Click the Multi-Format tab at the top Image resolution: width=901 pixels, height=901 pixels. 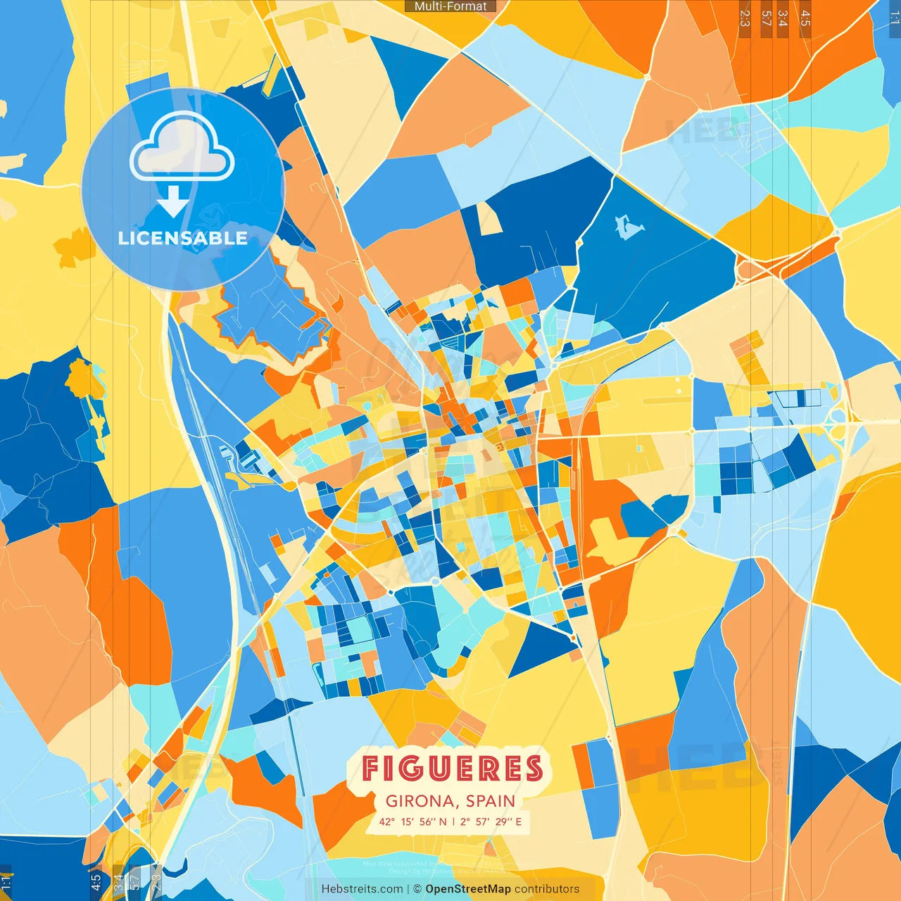point(450,6)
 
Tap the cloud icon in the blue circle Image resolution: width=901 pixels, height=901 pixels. point(182,149)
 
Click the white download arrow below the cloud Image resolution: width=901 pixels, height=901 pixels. point(172,203)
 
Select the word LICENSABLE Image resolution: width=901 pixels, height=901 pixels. point(183,238)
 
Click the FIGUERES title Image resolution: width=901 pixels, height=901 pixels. point(453,769)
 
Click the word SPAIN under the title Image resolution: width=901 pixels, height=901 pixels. point(490,801)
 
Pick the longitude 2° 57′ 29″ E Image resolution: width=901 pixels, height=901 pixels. point(491,821)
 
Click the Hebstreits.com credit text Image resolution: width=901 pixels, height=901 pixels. point(363,889)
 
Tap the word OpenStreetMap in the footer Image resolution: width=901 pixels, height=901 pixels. point(468,889)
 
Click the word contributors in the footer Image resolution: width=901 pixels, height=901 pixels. point(547,889)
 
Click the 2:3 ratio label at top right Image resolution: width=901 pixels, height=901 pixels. point(745,18)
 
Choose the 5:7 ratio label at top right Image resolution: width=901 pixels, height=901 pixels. point(766,18)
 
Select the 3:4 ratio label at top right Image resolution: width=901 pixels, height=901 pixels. point(783,18)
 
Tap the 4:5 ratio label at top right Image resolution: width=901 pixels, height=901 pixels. point(805,18)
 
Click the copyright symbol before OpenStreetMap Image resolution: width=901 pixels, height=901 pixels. point(417,889)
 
